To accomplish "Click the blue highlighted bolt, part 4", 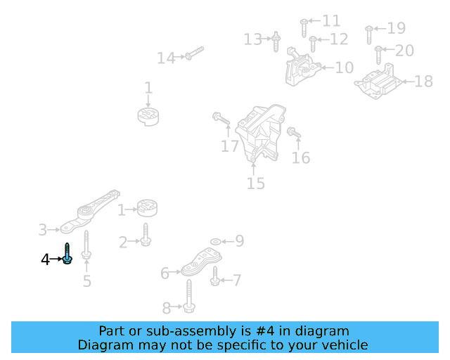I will (67, 254).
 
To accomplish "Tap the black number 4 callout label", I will (45, 259).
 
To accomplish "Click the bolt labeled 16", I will (294, 132).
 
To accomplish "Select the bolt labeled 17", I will (221, 120).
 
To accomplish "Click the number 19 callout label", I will (397, 28).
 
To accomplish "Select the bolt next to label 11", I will (304, 27).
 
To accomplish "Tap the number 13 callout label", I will (252, 39).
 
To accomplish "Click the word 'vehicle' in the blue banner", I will (344, 345).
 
